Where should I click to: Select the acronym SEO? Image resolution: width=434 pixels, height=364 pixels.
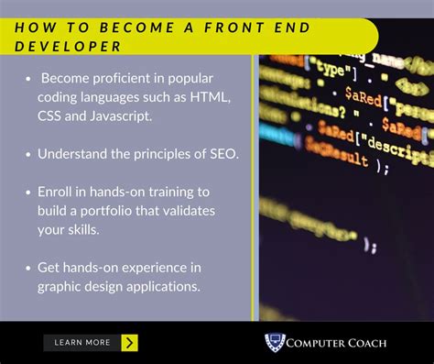coord(222,153)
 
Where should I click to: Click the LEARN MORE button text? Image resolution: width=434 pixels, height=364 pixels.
coord(81,343)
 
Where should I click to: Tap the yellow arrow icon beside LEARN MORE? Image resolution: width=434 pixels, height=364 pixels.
coord(129,343)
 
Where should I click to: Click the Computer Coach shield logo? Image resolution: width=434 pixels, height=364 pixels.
coord(275,342)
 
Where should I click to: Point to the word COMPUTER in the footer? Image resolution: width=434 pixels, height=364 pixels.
coord(314,343)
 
